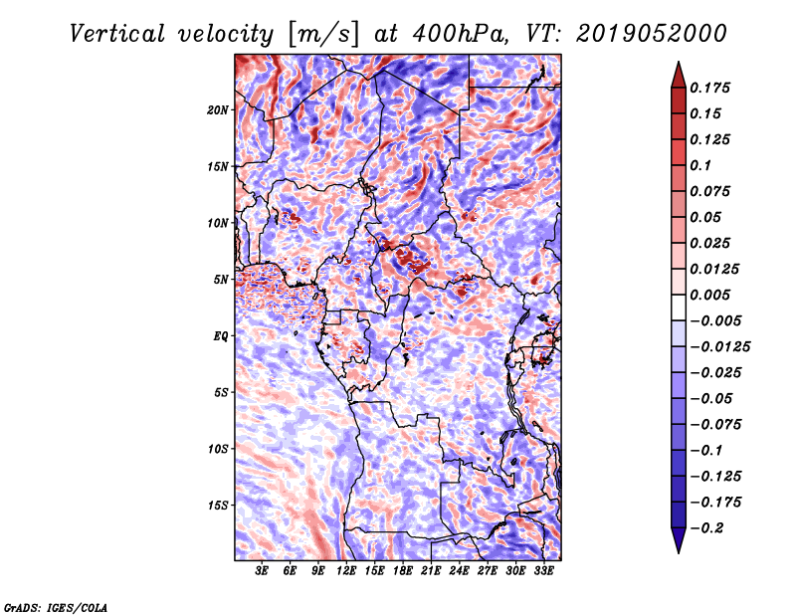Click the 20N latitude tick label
(217, 109)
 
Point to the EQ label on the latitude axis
(220, 335)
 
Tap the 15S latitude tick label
(218, 506)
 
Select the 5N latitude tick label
(221, 280)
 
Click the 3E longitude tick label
(262, 570)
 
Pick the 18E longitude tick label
(403, 570)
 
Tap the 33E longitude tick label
(543, 570)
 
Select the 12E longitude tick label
(346, 570)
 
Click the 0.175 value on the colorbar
(709, 88)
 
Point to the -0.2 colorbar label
(706, 527)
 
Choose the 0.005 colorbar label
(709, 295)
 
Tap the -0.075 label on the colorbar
(715, 424)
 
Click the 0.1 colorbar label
(700, 165)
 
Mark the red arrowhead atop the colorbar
(679, 75)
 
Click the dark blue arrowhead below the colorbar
(679, 540)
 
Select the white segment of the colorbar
(679, 307)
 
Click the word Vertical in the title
(117, 34)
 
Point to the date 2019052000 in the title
(652, 34)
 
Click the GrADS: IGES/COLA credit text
(56, 607)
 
